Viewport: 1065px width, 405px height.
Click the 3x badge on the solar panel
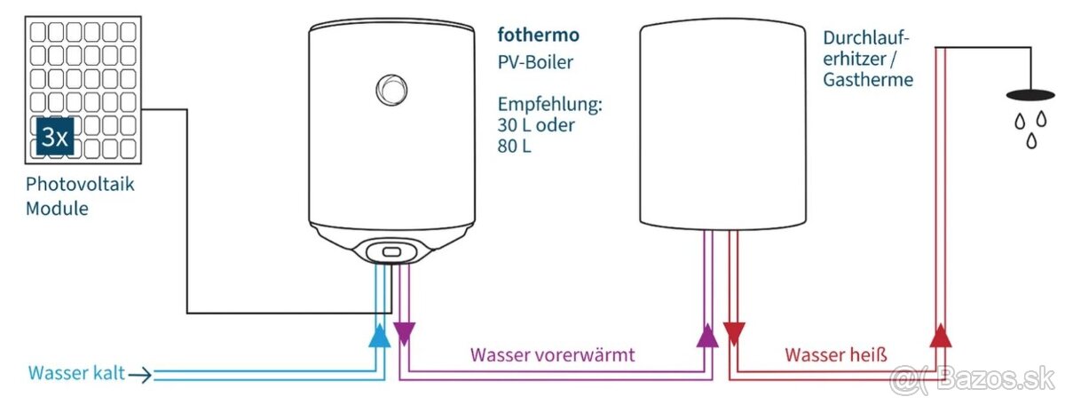(54, 139)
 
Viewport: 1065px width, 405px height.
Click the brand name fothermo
(538, 36)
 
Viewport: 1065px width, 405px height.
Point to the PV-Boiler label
(534, 63)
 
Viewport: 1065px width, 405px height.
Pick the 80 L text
(515, 146)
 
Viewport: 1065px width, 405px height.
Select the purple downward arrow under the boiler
(404, 334)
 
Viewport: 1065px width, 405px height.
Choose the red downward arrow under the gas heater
(734, 335)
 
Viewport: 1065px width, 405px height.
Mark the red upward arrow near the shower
(942, 335)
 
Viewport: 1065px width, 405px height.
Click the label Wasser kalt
(74, 373)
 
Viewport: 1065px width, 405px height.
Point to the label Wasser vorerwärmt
(552, 355)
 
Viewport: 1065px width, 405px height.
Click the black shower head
(1029, 94)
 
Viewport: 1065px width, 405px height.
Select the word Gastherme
(868, 79)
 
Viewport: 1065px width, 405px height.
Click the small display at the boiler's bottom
(391, 253)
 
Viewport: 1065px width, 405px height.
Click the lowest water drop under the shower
(1031, 140)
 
